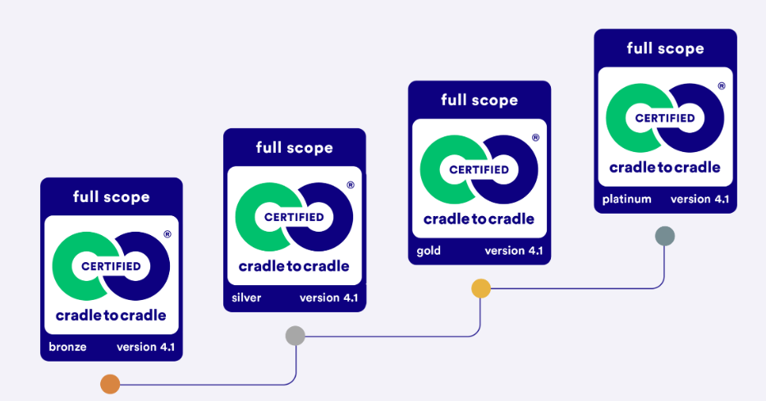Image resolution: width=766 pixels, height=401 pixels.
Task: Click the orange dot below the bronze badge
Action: point(110,384)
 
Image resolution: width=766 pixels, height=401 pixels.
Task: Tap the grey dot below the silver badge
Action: point(295,335)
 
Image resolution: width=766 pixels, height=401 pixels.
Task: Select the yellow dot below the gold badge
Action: point(481,288)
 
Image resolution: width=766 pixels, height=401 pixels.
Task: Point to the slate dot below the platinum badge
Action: point(665,237)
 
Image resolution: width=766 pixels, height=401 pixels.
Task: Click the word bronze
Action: point(67,347)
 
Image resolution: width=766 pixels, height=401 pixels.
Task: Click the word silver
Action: point(246,297)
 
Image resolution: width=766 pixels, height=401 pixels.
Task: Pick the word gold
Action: point(429,251)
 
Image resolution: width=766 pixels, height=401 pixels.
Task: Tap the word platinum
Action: point(626,199)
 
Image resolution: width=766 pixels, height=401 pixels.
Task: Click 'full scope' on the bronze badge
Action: point(112,197)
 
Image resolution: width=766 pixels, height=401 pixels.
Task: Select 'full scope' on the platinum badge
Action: point(665,48)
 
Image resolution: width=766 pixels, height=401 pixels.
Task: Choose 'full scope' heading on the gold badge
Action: point(479,100)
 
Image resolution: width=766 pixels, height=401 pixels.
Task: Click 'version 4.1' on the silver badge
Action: point(328,297)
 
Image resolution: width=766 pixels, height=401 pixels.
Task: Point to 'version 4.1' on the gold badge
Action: point(513,251)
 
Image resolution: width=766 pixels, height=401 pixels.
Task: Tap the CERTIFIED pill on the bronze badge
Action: point(111,266)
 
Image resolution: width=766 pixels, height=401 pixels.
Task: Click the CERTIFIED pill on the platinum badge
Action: point(665,118)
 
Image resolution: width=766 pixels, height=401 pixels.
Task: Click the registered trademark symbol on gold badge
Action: point(535,138)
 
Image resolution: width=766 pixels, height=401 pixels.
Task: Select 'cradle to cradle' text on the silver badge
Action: point(294,266)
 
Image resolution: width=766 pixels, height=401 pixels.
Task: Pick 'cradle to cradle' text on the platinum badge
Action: point(665,168)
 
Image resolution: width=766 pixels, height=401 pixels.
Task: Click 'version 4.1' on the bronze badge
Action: point(145,347)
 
